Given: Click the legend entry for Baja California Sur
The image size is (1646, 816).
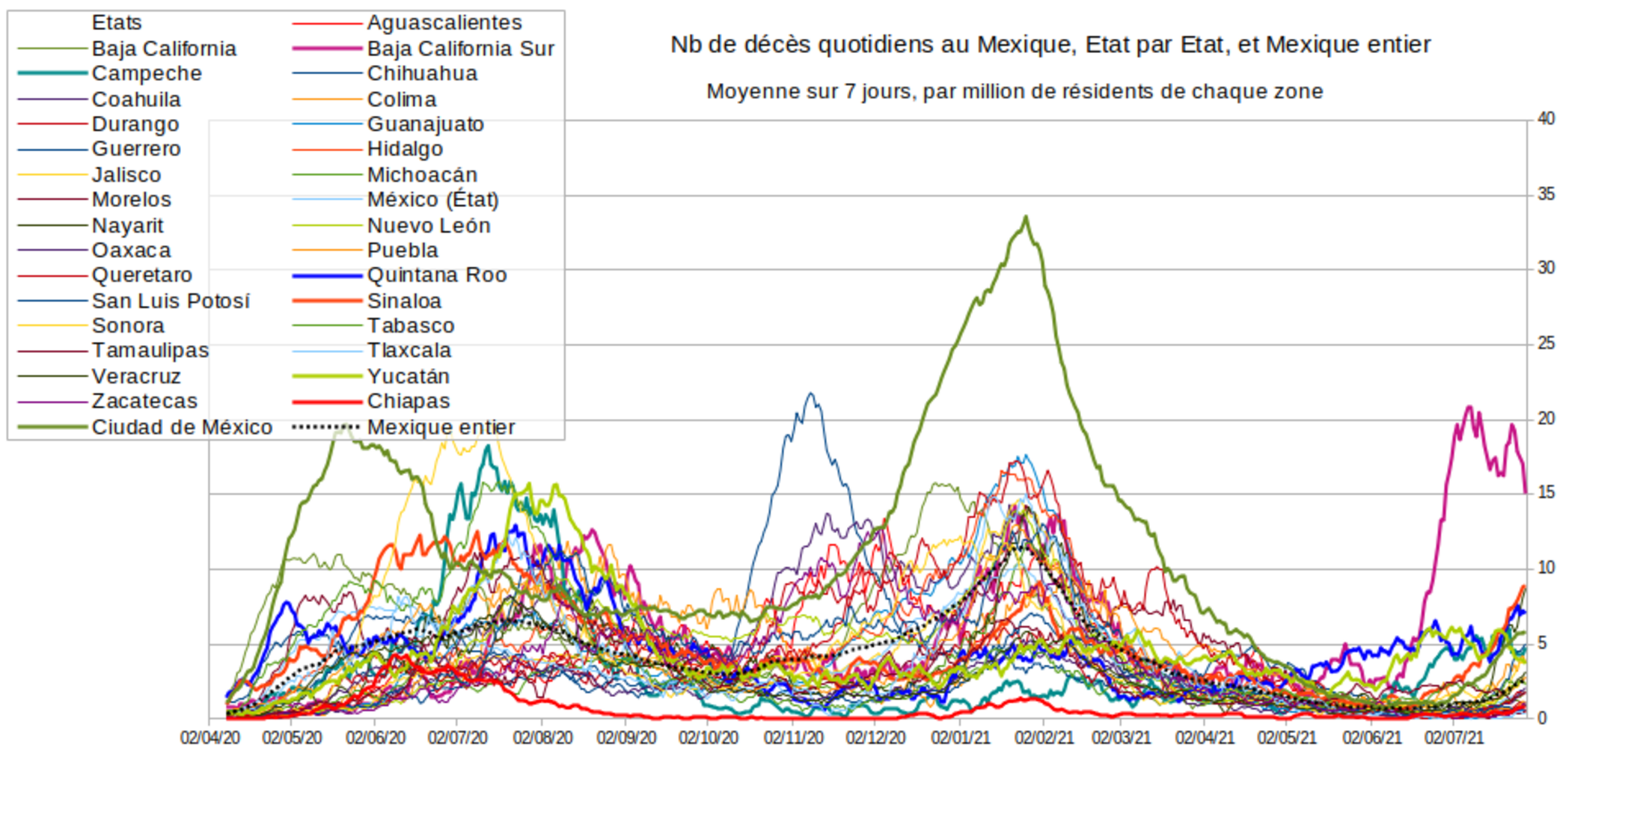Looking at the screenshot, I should (460, 49).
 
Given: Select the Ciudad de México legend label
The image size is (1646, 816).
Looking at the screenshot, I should (182, 427).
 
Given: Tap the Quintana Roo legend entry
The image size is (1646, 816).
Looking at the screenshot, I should (437, 275).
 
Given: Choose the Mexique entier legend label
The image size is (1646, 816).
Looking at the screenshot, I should (441, 427).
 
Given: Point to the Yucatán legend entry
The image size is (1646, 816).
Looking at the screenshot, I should (408, 376).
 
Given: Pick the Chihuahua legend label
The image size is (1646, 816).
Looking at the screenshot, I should (422, 73).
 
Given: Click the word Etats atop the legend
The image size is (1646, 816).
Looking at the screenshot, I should (117, 22).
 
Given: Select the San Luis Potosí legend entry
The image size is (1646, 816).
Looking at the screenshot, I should (171, 301).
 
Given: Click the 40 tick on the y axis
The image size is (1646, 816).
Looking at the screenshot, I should (1546, 119).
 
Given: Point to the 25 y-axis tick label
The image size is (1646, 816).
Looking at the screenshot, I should (1546, 344).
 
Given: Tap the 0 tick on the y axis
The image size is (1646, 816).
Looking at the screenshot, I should (1542, 719).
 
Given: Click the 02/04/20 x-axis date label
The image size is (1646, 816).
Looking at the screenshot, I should (210, 738).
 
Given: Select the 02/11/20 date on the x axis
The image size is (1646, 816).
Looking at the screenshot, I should (793, 738).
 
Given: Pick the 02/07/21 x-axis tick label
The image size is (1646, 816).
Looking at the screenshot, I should (1454, 738).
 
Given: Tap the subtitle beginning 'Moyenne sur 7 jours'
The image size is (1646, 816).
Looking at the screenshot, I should (1015, 92).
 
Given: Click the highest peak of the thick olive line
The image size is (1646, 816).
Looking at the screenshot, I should (1026, 218).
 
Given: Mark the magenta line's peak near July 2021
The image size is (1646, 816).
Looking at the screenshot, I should (1469, 408).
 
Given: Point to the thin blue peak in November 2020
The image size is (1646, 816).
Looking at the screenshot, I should (810, 394).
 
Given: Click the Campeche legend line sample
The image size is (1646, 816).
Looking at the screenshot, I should (52, 73).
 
